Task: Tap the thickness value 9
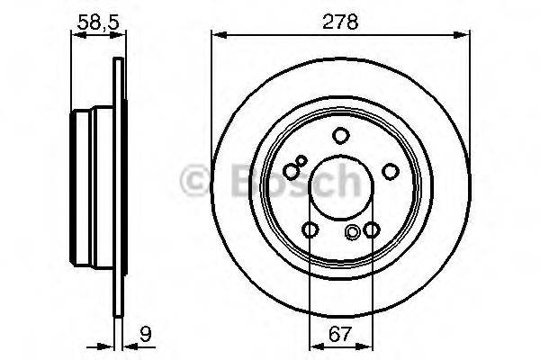(144, 340)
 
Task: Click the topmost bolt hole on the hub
(340, 136)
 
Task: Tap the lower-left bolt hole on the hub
(309, 231)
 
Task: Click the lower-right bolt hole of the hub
(371, 231)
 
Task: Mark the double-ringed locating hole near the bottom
(353, 233)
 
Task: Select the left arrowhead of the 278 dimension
(216, 36)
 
